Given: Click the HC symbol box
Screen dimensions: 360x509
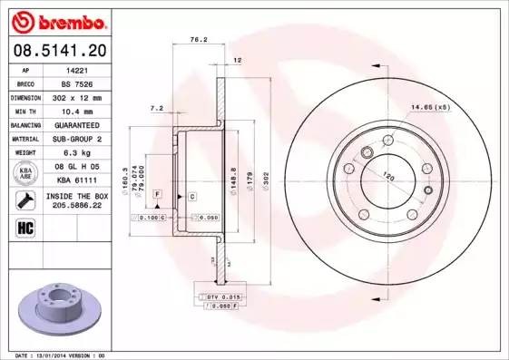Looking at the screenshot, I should pos(25,227).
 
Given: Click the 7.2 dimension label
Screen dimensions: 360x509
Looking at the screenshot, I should pos(155,108).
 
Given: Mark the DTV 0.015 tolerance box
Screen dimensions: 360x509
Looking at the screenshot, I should pos(220,297).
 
